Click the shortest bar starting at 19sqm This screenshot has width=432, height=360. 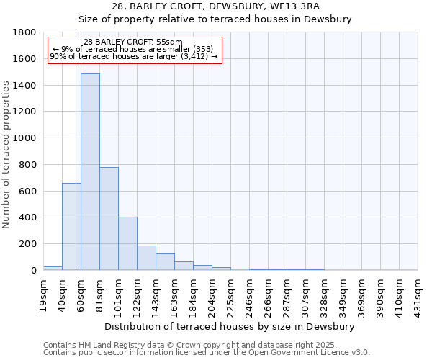tap(53, 268)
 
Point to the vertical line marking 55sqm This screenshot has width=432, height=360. tap(76, 166)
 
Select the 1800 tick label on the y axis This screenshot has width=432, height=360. tap(25, 32)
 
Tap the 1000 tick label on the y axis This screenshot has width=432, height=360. tap(25, 138)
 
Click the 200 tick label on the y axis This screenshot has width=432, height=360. tap(29, 244)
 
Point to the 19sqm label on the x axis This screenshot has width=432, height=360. tap(43, 292)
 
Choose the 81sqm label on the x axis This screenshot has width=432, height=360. tap(99, 292)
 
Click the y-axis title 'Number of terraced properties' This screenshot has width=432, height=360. tap(6, 155)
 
